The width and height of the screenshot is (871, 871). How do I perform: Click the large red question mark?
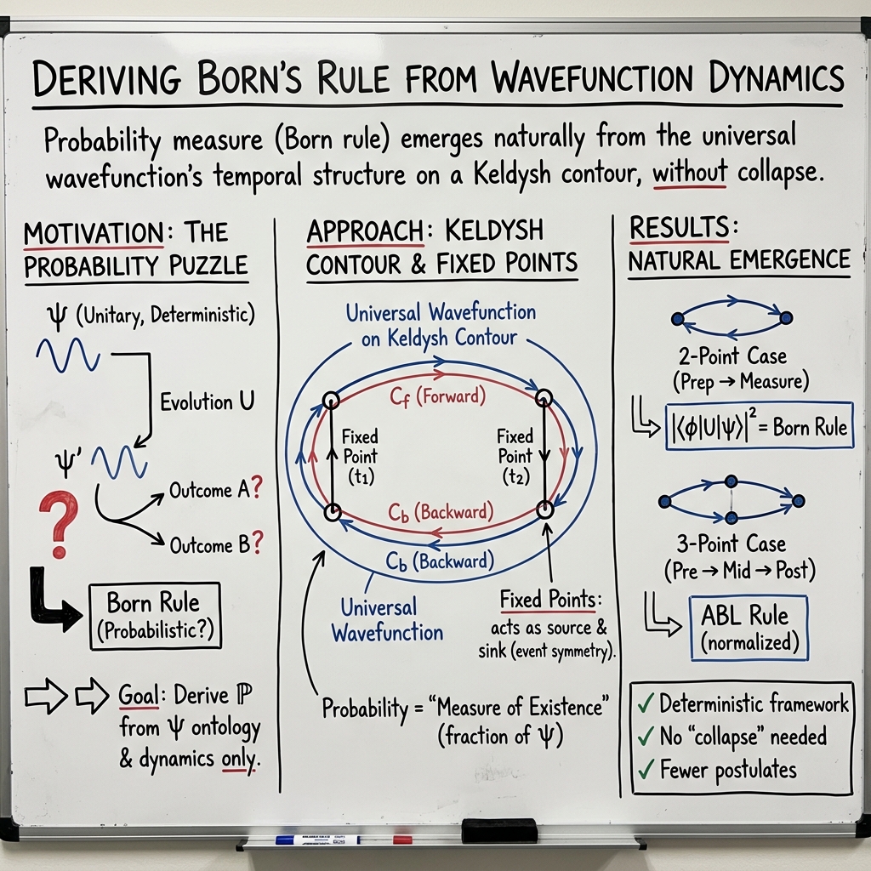(60, 525)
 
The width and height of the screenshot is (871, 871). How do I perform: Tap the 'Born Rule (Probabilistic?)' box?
(155, 616)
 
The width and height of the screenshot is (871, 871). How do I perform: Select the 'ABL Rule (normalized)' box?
(749, 628)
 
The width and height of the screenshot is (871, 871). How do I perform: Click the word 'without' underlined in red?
(689, 172)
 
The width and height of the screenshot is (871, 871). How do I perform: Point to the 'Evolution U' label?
(208, 401)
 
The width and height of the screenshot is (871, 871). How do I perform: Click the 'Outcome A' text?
(209, 490)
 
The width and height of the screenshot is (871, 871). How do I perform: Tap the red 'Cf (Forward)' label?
(438, 397)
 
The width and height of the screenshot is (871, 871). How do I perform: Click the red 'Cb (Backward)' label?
(441, 512)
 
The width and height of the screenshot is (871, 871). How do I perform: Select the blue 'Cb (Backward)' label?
(440, 561)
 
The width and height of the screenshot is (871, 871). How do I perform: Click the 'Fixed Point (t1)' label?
(360, 456)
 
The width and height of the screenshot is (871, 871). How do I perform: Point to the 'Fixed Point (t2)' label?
(515, 456)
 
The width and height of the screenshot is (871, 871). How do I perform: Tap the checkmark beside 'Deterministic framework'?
(646, 703)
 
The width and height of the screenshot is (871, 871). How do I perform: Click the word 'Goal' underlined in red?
(139, 695)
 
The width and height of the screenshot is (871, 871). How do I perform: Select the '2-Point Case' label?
(732, 356)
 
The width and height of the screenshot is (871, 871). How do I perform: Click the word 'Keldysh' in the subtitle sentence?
(511, 174)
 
